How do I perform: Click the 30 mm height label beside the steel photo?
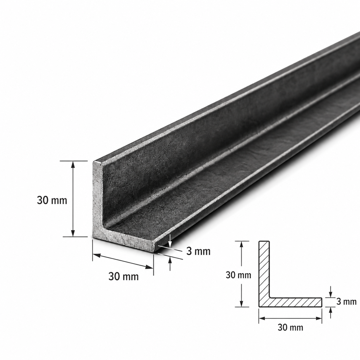tap(52, 201)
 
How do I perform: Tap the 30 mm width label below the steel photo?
tap(123, 276)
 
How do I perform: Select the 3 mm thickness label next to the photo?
tap(198, 251)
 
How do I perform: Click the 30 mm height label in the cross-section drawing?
tap(238, 275)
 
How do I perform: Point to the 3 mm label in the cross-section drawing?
tap(347, 301)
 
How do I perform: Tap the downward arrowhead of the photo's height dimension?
tap(73, 233)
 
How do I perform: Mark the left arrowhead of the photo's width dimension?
tap(97, 255)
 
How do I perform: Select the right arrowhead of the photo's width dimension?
tap(149, 267)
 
